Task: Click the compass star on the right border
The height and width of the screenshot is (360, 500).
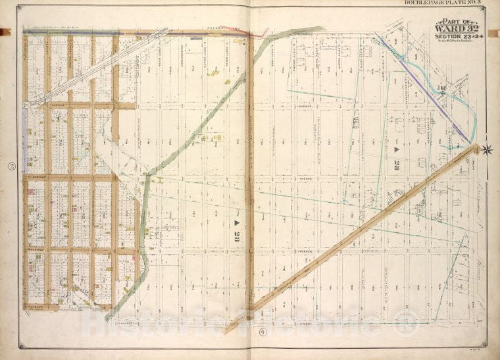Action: coord(488,149)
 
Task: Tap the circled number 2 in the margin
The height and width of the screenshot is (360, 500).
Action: coord(11,167)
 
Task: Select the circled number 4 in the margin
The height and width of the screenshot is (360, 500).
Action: coord(261,332)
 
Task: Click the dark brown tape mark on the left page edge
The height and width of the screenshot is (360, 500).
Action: coord(6,30)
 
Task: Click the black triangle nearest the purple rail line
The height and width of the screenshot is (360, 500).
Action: coord(397,150)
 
